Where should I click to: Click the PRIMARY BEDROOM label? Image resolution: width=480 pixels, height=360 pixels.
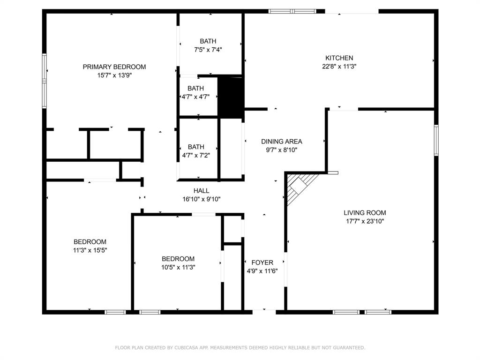(114, 67)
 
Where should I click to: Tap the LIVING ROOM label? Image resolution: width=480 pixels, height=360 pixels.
(365, 212)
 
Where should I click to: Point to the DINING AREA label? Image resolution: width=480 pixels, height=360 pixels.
(281, 141)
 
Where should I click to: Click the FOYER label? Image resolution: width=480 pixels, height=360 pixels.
(262, 262)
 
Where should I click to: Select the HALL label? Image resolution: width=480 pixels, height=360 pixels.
(201, 191)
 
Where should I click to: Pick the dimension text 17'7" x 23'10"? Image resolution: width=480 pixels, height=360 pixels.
(365, 221)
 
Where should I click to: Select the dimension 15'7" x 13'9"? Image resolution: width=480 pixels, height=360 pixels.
(114, 75)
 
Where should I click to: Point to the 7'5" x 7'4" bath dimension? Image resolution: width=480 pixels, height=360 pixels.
(208, 50)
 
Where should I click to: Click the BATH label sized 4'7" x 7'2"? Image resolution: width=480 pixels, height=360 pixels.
(195, 147)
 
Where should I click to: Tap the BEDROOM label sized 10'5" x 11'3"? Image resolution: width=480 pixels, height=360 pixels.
(178, 259)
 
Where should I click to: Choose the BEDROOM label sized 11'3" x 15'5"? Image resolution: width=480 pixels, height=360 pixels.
(90, 242)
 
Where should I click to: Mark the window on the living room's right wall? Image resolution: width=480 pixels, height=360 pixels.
(436, 140)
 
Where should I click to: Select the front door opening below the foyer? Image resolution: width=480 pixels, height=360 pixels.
(264, 310)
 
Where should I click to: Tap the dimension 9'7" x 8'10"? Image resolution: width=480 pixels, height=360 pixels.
(281, 150)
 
